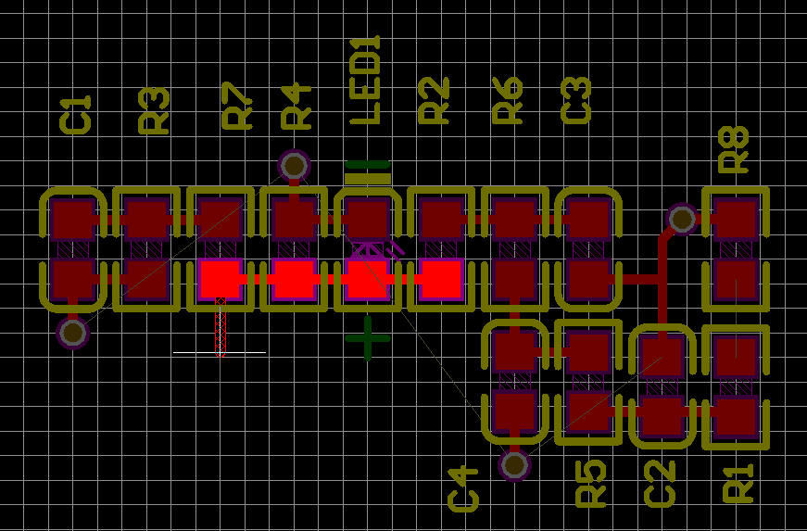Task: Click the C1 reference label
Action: [x=76, y=115]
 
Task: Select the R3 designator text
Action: [x=154, y=111]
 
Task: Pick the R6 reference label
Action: [x=508, y=101]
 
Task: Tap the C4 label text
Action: [x=463, y=489]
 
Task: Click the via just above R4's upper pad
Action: [x=294, y=166]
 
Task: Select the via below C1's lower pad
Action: [x=72, y=331]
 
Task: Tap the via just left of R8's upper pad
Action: [x=682, y=220]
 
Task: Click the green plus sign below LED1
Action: [x=368, y=338]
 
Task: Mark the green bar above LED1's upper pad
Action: [x=368, y=171]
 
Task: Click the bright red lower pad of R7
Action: [x=221, y=278]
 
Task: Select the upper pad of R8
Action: [x=737, y=220]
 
